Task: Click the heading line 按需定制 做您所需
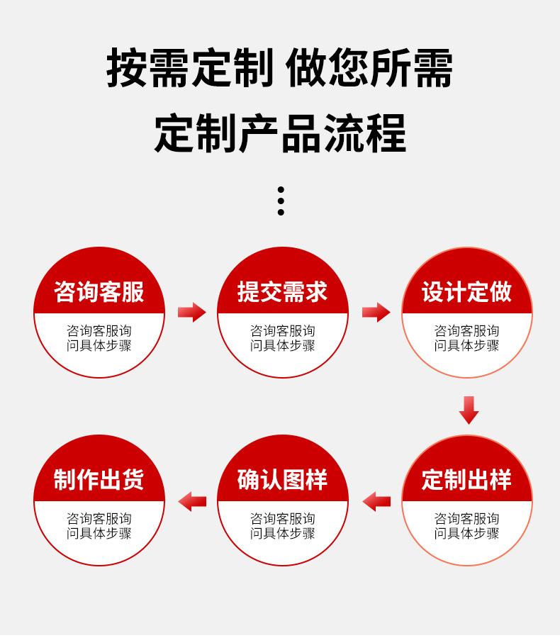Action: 279,69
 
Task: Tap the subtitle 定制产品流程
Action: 279,133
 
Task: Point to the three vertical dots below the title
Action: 281,201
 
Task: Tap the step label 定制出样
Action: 466,480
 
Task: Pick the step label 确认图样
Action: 282,480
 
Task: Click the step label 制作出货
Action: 99,480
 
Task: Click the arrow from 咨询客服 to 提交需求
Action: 191,312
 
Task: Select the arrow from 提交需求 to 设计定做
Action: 376,312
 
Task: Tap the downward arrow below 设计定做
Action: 469,410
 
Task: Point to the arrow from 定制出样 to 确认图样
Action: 376,501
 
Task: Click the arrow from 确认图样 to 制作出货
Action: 192,501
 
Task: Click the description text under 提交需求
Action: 282,338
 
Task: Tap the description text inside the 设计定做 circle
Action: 466,338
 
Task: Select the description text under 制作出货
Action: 99,526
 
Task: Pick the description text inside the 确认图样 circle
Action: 282,526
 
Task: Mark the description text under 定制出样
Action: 466,526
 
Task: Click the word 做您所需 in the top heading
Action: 369,69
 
